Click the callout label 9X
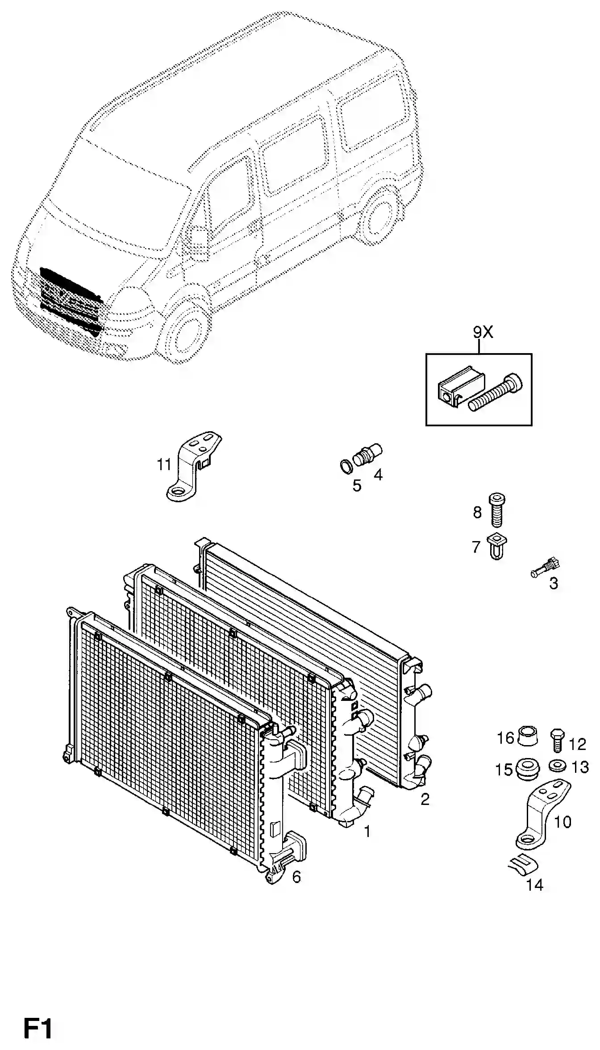[x=483, y=332]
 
